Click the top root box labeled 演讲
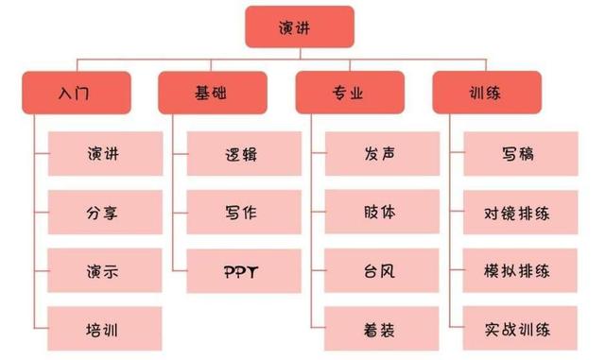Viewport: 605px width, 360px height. pos(300,27)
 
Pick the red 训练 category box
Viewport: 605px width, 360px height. pos(486,94)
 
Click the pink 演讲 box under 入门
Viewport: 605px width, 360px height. pos(101,153)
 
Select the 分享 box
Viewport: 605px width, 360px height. pos(101,213)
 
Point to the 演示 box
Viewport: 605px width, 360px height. pos(101,271)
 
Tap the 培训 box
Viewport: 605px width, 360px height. pos(101,330)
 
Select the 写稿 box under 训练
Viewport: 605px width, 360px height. pos(519,153)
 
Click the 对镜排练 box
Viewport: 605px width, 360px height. pos(519,213)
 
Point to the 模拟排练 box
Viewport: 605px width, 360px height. pos(519,271)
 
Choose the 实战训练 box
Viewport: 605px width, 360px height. pos(519,330)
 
